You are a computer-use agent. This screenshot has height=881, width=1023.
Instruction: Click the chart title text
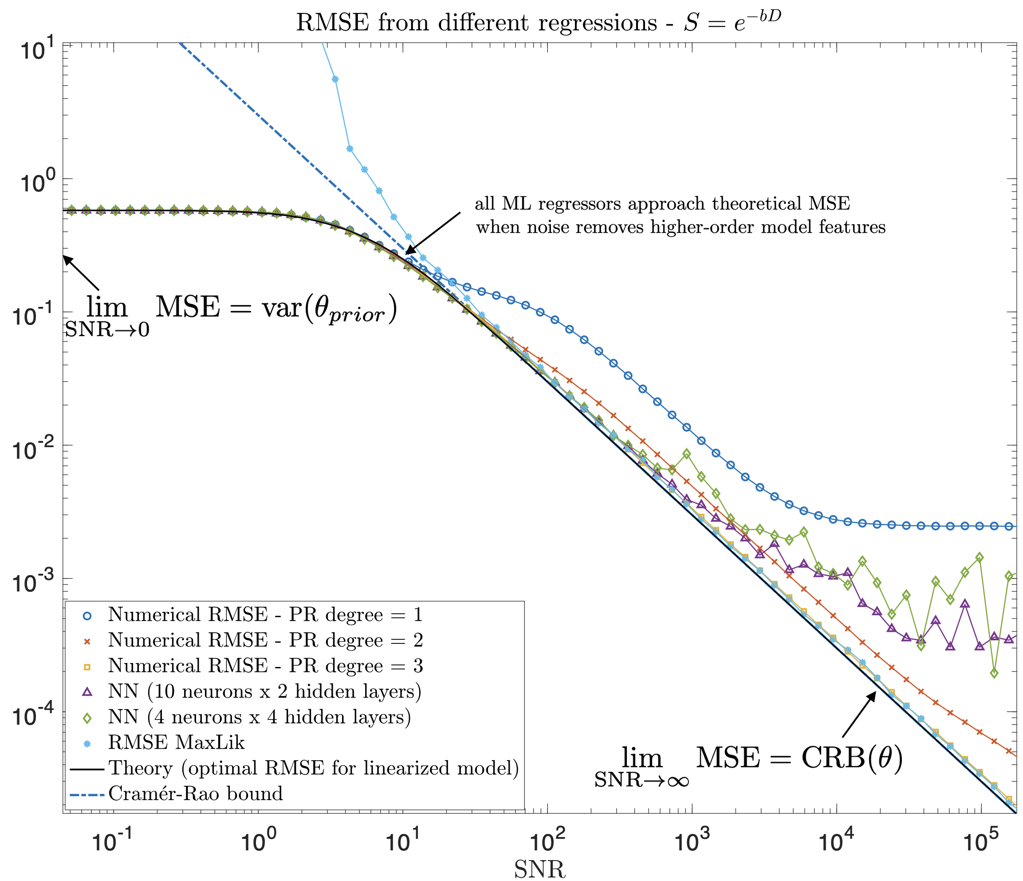point(538,23)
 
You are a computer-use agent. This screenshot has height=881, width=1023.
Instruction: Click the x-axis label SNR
point(539,869)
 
